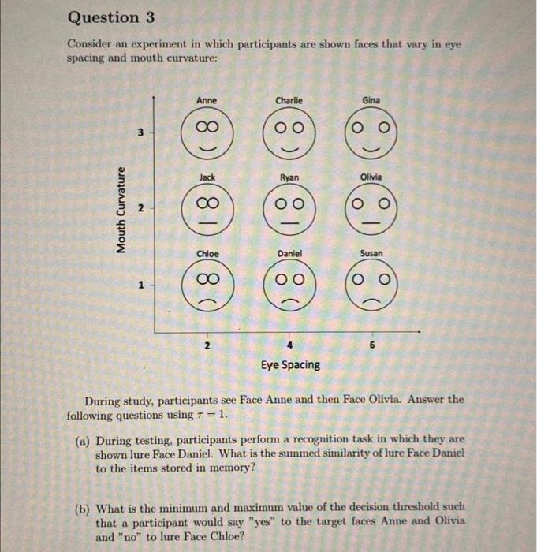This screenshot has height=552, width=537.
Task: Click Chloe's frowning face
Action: click(207, 285)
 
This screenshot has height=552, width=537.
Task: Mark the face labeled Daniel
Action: click(289, 285)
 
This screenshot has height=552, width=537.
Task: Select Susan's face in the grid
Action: click(371, 285)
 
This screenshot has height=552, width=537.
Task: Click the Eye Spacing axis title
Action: click(291, 364)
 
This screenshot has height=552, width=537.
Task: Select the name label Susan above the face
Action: click(371, 254)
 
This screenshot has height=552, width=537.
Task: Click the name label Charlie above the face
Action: click(289, 100)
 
